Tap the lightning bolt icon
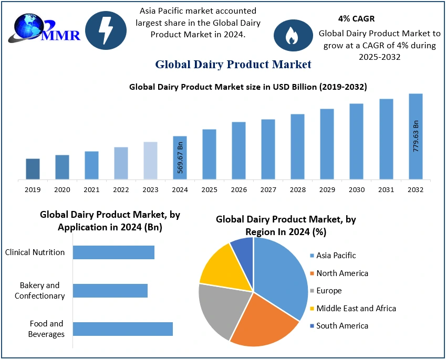106,30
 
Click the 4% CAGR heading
356,18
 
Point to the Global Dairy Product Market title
233,65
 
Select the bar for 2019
33,169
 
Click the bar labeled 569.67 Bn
180,157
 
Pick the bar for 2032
416,136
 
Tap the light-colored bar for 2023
150,161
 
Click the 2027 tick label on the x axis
268,189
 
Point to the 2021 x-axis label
91,189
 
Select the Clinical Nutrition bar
113,252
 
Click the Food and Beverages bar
122,329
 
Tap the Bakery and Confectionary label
40,290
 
